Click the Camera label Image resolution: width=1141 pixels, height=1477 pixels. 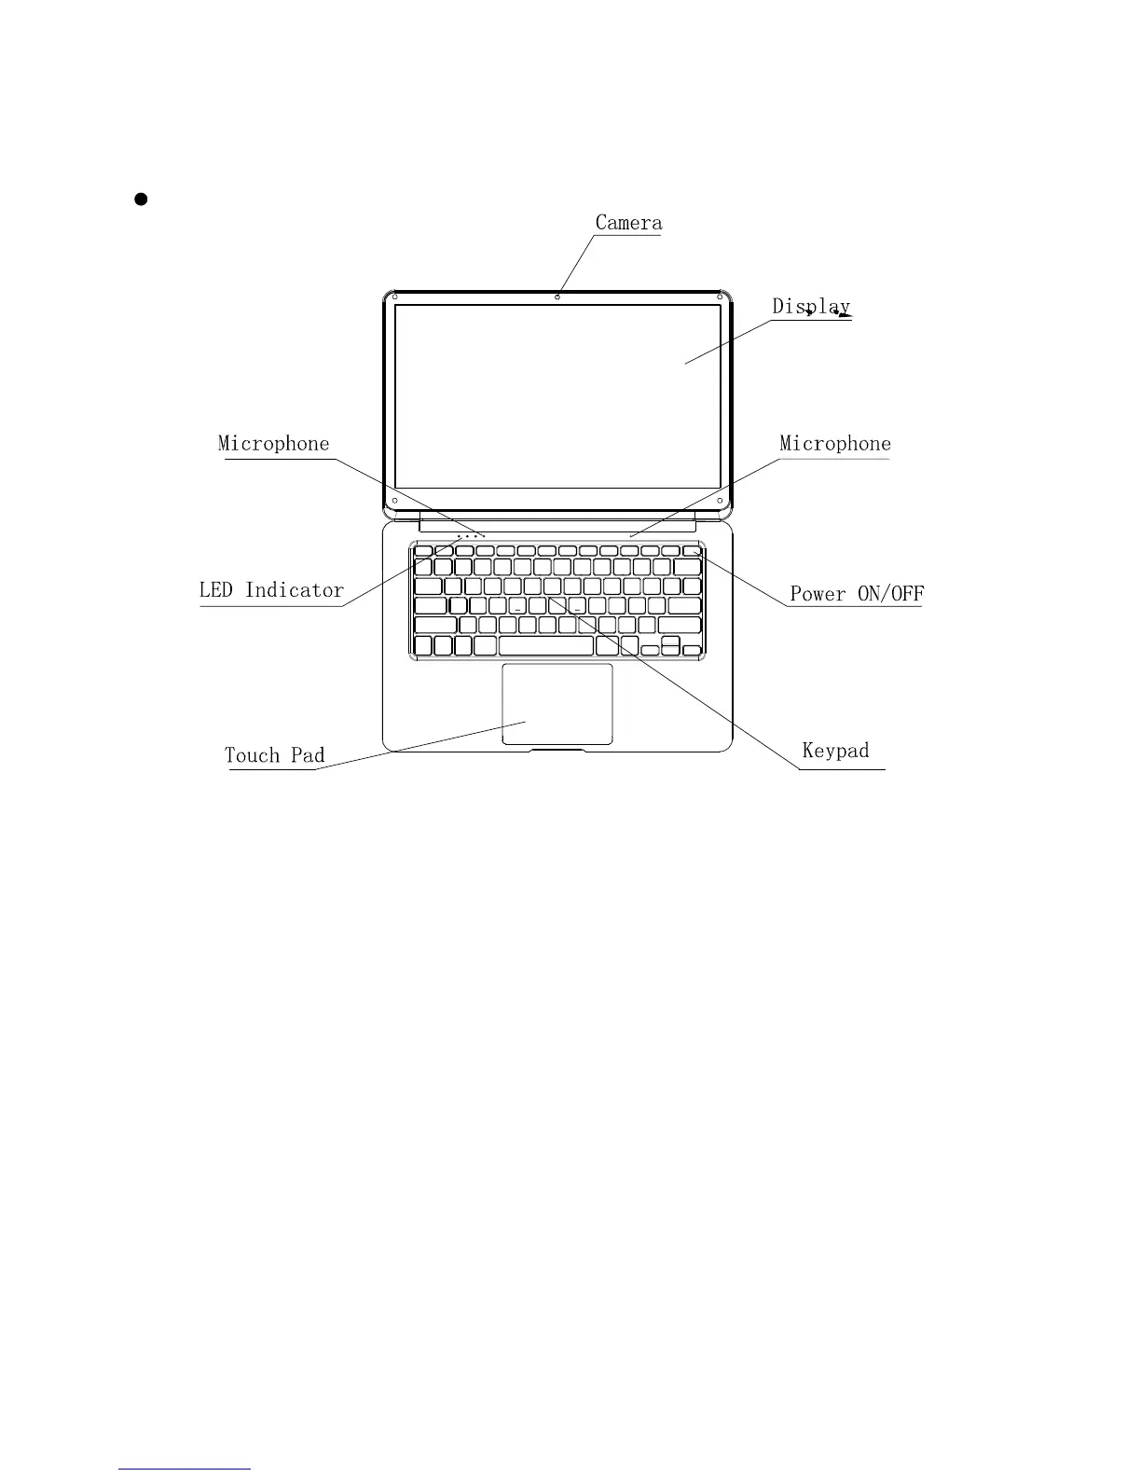(628, 223)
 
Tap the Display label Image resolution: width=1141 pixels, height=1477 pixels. (810, 306)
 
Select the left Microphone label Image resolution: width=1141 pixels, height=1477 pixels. (273, 444)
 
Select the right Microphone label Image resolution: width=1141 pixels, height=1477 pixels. (834, 444)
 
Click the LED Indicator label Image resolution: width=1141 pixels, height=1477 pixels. (271, 590)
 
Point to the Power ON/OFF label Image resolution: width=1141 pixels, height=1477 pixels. (857, 594)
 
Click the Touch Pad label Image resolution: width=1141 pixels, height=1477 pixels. (274, 755)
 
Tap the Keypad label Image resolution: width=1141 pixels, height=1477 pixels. (835, 751)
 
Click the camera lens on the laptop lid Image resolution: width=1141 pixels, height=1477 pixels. (557, 297)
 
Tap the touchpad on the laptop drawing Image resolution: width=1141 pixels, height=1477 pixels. (557, 704)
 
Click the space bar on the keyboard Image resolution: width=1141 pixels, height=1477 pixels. (546, 646)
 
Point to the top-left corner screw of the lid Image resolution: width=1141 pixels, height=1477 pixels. (395, 297)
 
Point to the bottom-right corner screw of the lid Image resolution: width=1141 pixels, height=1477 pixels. (722, 501)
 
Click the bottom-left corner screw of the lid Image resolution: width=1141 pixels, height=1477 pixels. (395, 501)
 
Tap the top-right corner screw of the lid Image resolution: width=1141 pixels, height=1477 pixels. (721, 297)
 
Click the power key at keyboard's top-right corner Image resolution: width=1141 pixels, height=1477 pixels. (691, 551)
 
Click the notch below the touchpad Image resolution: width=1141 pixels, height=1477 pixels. (557, 748)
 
